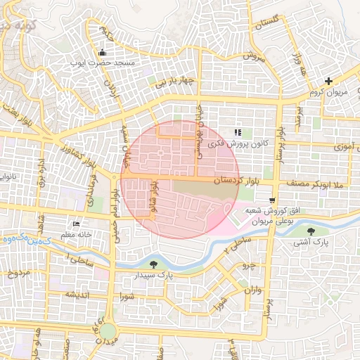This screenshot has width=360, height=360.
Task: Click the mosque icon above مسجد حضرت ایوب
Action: click(x=103, y=52)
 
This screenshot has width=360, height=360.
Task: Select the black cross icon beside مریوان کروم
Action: click(x=328, y=82)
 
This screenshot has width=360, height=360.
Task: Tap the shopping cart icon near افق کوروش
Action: click(x=272, y=200)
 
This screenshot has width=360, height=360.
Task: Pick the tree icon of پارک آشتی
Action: click(x=311, y=230)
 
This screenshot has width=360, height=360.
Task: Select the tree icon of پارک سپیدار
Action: click(x=153, y=264)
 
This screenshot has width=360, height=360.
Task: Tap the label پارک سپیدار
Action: click(x=159, y=276)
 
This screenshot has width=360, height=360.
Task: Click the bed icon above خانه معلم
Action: click(x=76, y=224)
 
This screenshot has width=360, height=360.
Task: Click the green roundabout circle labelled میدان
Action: click(x=107, y=330)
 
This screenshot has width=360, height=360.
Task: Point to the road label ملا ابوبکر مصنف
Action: click(x=314, y=183)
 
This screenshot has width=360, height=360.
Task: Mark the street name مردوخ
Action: click(x=17, y=273)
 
